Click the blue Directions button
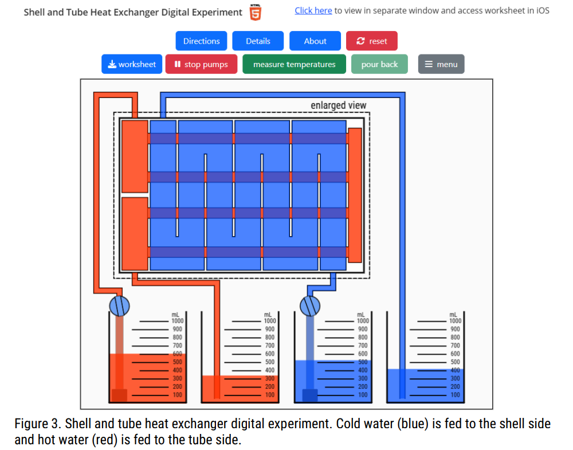click(x=201, y=41)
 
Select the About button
click(x=315, y=41)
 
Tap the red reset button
click(x=371, y=41)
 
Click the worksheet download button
click(x=132, y=64)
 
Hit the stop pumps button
click(x=201, y=64)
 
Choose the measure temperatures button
click(x=294, y=64)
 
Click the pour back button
click(x=379, y=64)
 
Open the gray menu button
click(x=441, y=64)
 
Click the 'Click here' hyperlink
click(x=313, y=10)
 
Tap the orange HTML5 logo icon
click(x=256, y=12)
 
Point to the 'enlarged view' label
click(x=338, y=105)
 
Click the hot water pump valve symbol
click(x=119, y=306)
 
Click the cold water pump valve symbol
click(x=310, y=306)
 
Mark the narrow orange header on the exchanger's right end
click(x=355, y=195)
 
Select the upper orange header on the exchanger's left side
click(x=135, y=156)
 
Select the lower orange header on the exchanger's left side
click(x=135, y=233)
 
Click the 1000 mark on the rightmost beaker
click(x=454, y=321)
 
